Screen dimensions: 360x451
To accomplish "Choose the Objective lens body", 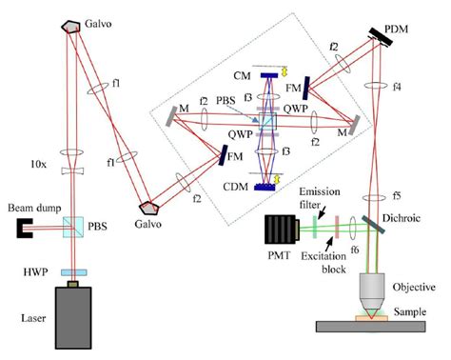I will [x=379, y=284].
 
